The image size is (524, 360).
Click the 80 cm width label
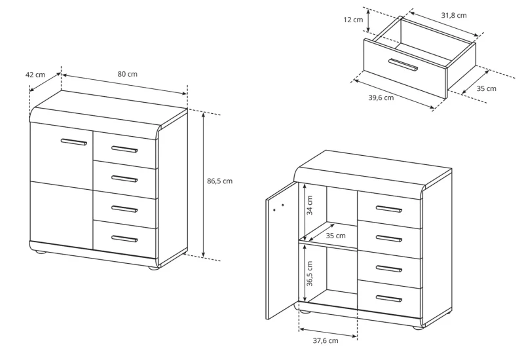pos(128,74)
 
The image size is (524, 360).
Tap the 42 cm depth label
pos(35,75)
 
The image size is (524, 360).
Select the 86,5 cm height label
pos(219,181)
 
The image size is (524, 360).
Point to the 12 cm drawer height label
pos(353,20)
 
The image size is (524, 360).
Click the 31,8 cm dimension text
pos(454,15)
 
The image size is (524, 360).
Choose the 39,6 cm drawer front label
pos(381,98)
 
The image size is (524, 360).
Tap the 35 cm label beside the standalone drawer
pos(486,88)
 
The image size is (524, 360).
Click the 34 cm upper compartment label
pos(310,206)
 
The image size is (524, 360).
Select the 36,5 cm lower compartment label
pos(310,274)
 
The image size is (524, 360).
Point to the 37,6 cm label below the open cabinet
pos(325,340)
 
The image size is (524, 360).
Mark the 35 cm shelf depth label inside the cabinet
pos(335,235)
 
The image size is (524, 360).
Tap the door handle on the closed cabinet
pos(73,141)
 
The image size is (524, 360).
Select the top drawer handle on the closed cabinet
pos(124,150)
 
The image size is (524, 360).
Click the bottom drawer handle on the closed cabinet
pos(124,239)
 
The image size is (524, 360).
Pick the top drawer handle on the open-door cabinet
pos(388,209)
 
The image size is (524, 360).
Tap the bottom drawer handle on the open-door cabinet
pos(388,298)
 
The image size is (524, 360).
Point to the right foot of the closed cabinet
pos(154,268)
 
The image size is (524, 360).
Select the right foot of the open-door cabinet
pos(417,326)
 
